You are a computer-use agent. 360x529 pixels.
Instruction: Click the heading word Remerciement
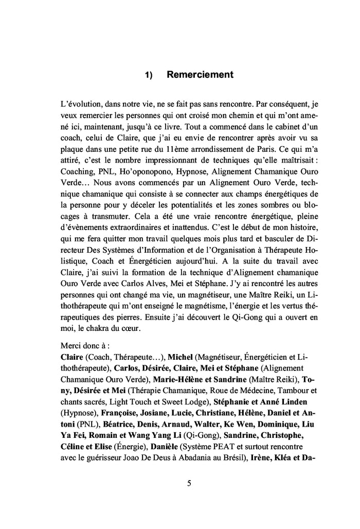click(200, 75)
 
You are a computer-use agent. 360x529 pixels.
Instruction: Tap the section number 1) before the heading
click(149, 76)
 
